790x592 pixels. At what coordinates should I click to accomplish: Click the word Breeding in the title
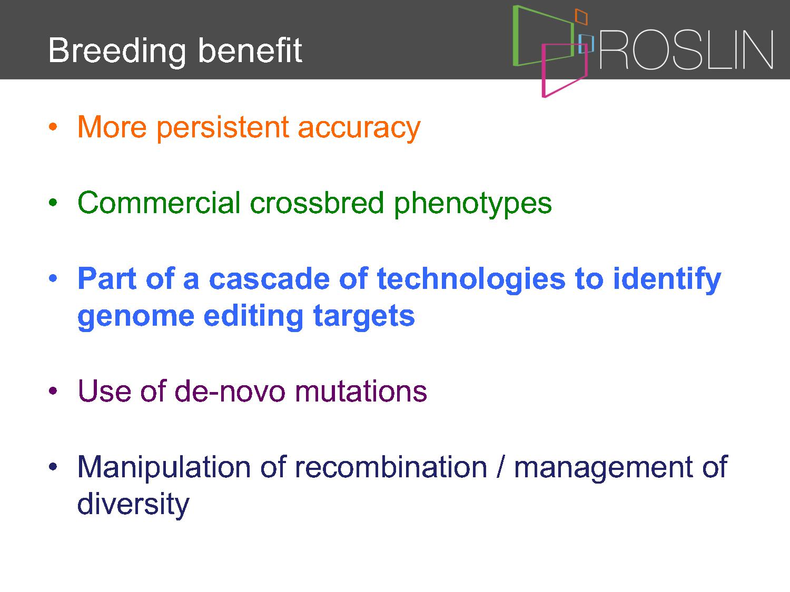click(x=117, y=51)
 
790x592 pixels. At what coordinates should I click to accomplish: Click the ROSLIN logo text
click(x=686, y=50)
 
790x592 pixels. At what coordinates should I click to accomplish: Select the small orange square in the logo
click(x=581, y=16)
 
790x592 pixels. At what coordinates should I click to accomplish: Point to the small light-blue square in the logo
click(x=586, y=44)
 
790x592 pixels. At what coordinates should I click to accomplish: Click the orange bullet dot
click(x=53, y=126)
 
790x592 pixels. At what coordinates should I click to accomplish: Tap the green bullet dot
click(x=53, y=203)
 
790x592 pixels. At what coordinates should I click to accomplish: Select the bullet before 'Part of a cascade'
click(x=53, y=278)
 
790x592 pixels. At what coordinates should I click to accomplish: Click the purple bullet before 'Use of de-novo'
click(x=53, y=390)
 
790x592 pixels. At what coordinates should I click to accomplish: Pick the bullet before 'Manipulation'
click(x=53, y=466)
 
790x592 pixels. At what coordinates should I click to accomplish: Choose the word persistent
click(x=223, y=128)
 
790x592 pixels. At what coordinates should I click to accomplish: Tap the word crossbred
click(x=317, y=203)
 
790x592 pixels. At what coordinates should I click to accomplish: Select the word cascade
click(x=269, y=279)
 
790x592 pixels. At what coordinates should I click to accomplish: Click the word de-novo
click(x=230, y=390)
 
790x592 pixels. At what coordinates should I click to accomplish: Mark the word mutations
click(x=361, y=392)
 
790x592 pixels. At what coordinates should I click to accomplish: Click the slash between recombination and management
click(x=500, y=467)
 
